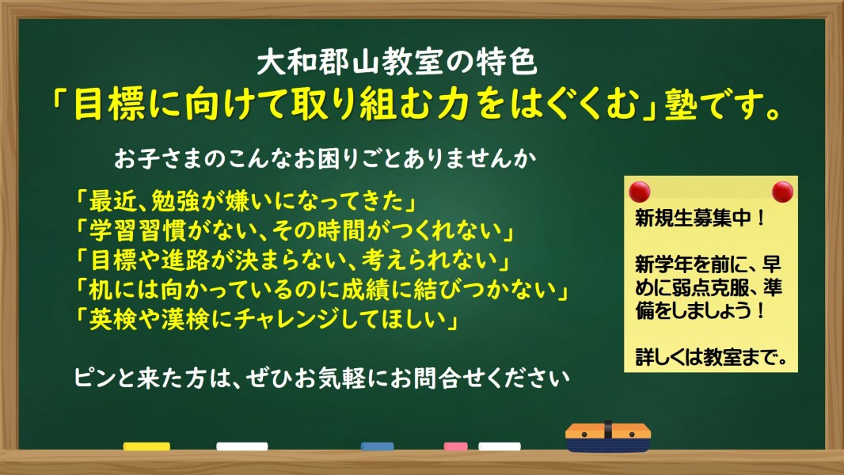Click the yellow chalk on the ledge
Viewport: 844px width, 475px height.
pos(146,446)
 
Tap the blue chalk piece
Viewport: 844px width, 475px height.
pos(378,446)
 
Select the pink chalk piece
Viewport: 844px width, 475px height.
pos(455,446)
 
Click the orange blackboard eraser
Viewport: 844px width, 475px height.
pos(608,436)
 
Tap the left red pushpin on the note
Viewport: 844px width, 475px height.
pos(640,192)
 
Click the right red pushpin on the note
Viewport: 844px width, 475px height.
pos(782,192)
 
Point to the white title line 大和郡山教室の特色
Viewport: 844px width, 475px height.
pos(397,63)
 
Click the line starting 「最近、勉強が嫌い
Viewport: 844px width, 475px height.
pos(246,201)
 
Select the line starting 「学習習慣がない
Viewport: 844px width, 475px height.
pos(295,231)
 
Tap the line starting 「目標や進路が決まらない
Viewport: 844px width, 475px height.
pos(293,260)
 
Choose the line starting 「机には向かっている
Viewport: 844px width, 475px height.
pos(322,290)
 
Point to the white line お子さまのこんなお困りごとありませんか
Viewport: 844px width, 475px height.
pos(325,159)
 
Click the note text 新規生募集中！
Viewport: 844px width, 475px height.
pos(700,218)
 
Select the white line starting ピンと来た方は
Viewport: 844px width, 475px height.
pos(322,378)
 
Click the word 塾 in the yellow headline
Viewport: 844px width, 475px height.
pos(681,104)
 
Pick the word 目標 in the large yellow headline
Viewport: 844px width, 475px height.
pos(109,104)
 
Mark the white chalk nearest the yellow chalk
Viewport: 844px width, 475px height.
pos(241,446)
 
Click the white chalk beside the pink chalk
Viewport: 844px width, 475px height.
pos(500,446)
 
